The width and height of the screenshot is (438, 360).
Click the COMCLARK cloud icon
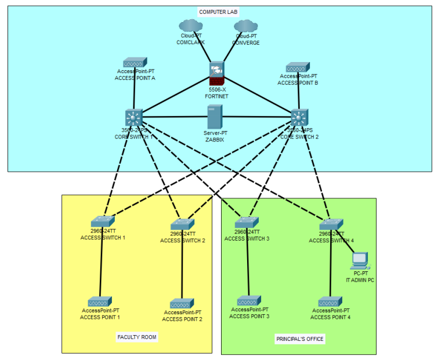190,26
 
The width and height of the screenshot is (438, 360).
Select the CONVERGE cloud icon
245,26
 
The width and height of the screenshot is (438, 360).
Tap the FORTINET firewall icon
216,74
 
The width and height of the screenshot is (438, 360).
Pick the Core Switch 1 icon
133,118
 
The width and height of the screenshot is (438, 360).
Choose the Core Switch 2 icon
299,118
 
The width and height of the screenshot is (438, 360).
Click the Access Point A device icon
135,63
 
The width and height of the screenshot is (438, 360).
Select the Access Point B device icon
298,67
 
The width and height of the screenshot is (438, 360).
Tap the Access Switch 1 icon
103,221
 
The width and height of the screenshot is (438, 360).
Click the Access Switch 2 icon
183,223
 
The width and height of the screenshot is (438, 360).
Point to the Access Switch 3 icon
247,221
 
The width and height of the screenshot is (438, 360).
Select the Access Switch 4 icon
331,224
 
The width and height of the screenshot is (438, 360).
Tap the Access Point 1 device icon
100,301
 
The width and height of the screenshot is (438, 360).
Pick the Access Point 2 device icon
182,303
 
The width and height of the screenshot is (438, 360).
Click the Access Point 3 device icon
249,301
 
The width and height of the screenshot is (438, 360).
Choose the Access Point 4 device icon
330,302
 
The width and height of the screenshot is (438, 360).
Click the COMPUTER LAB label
219,12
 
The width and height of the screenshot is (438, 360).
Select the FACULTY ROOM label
137,337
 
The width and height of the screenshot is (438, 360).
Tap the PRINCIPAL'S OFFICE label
299,339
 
